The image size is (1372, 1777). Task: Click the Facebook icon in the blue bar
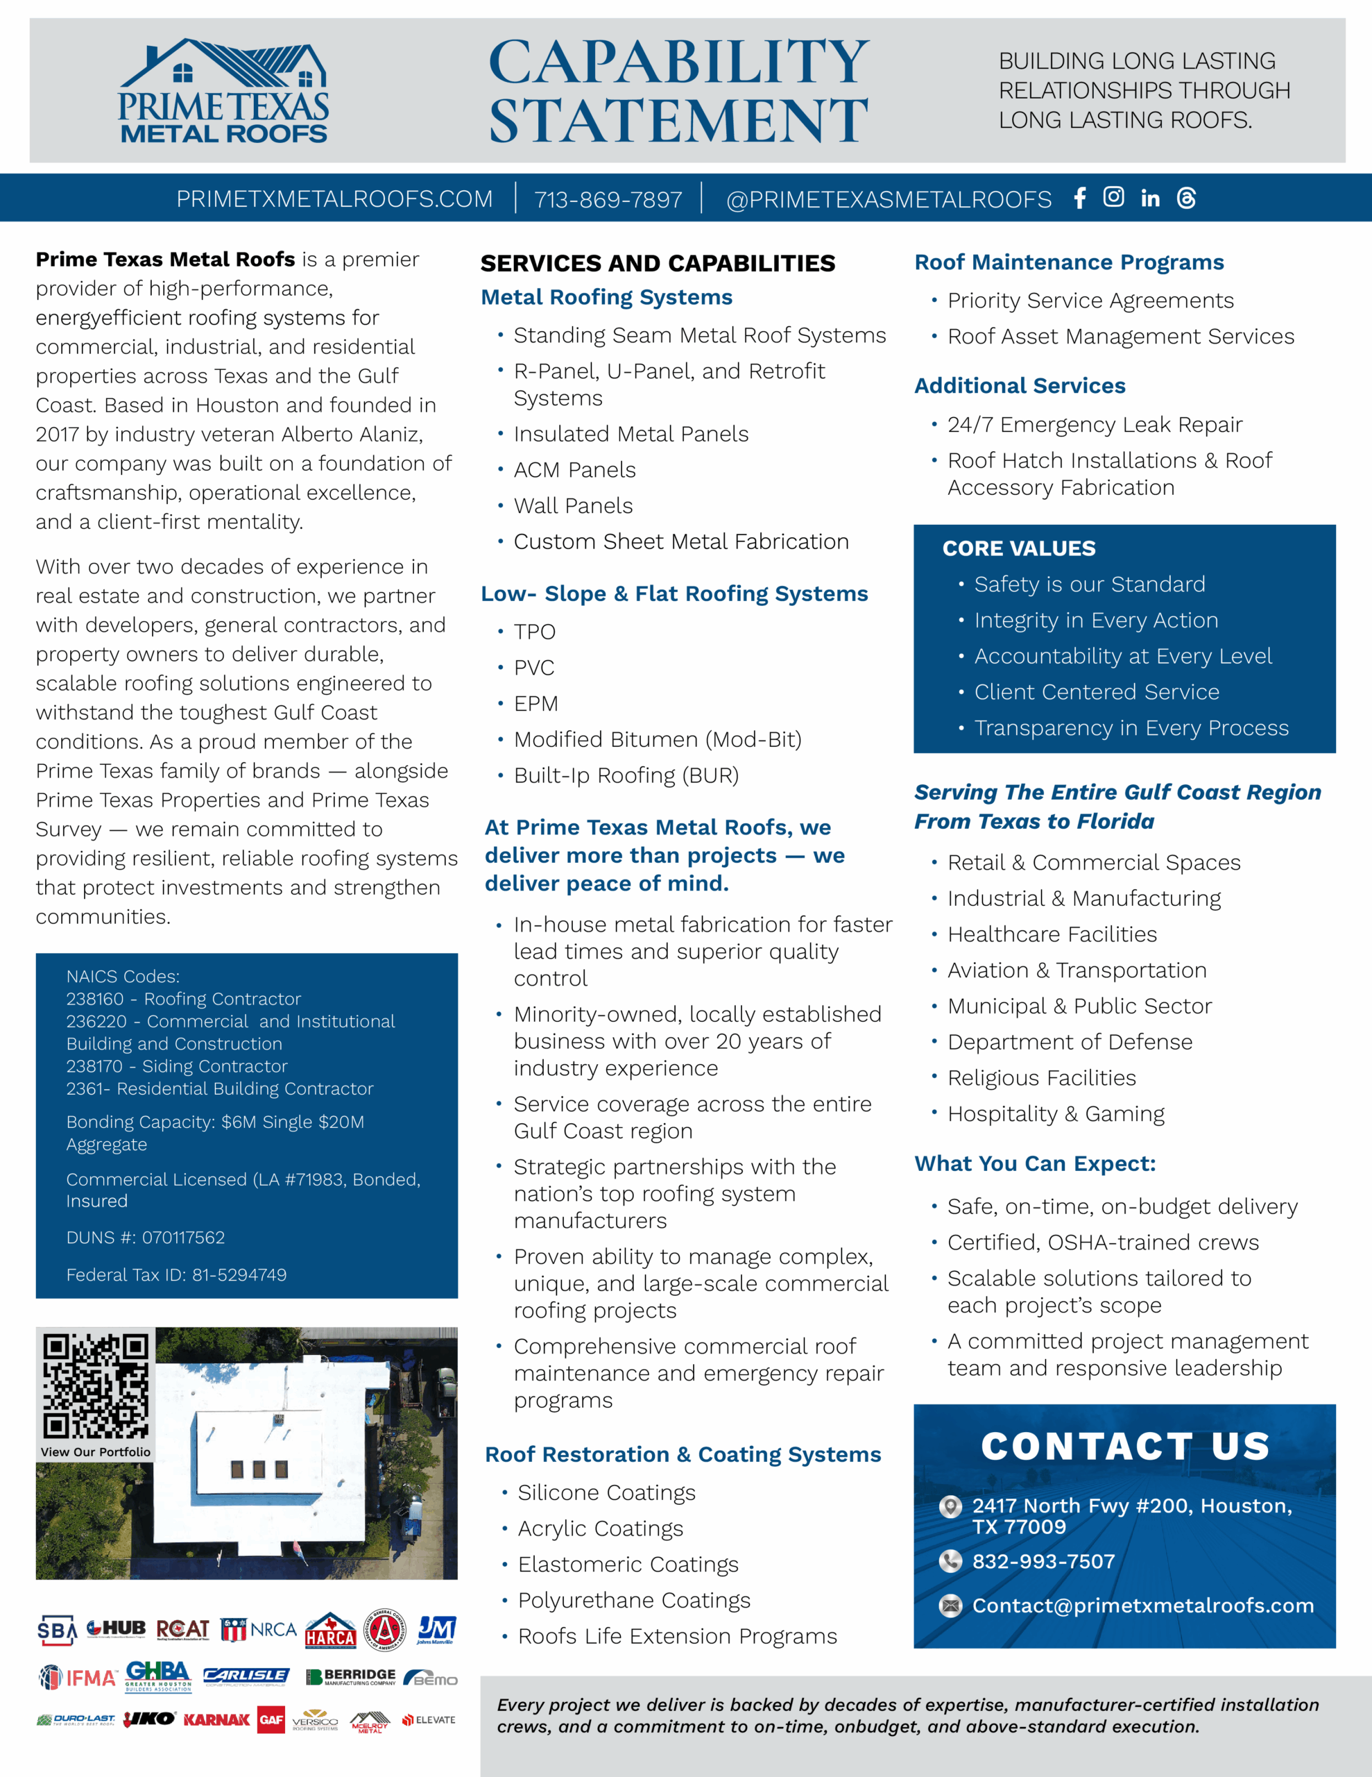pyautogui.click(x=1079, y=199)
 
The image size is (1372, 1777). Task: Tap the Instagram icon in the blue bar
pyautogui.click(x=1113, y=197)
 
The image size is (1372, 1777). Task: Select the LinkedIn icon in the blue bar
pyautogui.click(x=1150, y=199)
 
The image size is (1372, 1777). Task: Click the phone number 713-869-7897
pyautogui.click(x=608, y=199)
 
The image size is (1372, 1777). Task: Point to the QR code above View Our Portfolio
pyautogui.click(x=96, y=1386)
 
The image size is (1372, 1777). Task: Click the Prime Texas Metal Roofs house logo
pyautogui.click(x=223, y=91)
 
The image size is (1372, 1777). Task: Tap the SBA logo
pyautogui.click(x=57, y=1630)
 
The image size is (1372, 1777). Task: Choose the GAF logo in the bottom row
pyautogui.click(x=271, y=1719)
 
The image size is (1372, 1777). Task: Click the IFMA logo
pyautogui.click(x=78, y=1677)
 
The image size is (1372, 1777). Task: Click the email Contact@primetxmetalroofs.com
pyautogui.click(x=1142, y=1606)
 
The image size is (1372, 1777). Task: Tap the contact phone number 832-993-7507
pyautogui.click(x=1043, y=1561)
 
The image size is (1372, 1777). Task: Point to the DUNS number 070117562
pyautogui.click(x=183, y=1238)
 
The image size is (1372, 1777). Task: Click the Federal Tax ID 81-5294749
pyautogui.click(x=239, y=1275)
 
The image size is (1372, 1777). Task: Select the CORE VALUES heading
pyautogui.click(x=1019, y=548)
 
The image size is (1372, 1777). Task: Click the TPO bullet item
pyautogui.click(x=534, y=632)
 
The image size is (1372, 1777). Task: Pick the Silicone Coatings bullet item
pyautogui.click(x=607, y=1493)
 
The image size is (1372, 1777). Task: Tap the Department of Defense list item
pyautogui.click(x=1070, y=1043)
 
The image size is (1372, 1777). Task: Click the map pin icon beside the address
pyautogui.click(x=950, y=1507)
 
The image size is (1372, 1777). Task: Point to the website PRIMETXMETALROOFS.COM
pyautogui.click(x=334, y=199)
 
